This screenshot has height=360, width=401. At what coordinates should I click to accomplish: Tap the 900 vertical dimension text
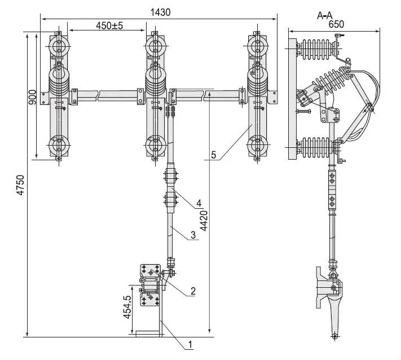(x=32, y=97)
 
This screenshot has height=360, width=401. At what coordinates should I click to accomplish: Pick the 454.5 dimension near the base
(x=127, y=307)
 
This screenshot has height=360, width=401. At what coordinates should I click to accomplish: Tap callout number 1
(x=190, y=343)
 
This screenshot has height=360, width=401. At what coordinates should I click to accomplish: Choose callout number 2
(x=193, y=291)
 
